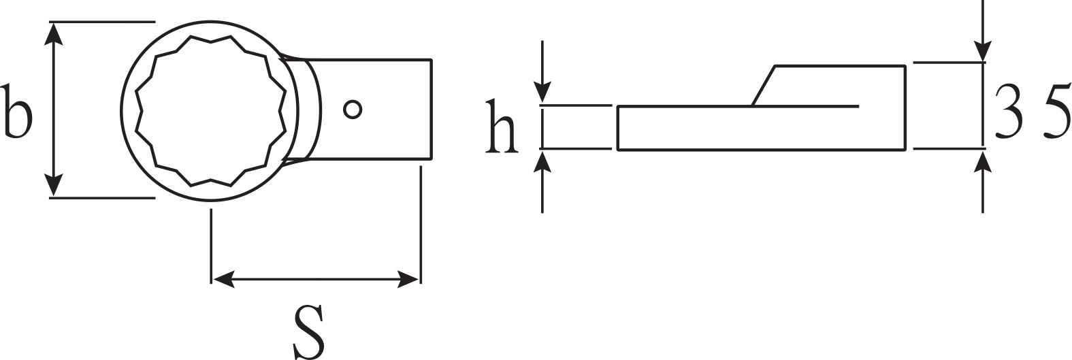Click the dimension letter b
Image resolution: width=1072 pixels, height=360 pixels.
(16, 111)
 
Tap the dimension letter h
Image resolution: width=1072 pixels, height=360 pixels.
(501, 127)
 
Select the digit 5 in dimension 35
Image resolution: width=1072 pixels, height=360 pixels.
(1056, 111)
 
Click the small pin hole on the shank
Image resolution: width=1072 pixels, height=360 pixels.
(353, 110)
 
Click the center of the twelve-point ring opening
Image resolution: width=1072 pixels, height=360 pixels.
(210, 110)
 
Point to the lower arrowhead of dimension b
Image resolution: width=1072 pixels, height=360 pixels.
(54, 185)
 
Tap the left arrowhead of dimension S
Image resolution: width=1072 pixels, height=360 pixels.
(223, 279)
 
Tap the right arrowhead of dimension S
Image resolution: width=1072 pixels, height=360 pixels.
(408, 279)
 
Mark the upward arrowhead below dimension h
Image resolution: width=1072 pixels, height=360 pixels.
(542, 161)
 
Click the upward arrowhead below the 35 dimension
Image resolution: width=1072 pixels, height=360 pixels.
(983, 161)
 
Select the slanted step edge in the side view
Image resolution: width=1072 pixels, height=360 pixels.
(763, 86)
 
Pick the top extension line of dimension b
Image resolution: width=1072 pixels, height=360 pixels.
(102, 22)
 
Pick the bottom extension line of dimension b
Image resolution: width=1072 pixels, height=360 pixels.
(102, 197)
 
